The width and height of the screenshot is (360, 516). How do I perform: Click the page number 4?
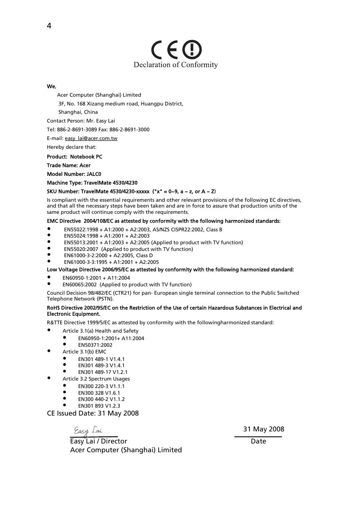click(x=49, y=26)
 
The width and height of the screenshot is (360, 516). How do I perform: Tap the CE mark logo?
click(x=166, y=50)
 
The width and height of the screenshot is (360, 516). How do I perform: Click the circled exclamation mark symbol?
click(x=192, y=50)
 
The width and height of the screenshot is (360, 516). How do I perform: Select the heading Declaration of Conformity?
click(x=176, y=65)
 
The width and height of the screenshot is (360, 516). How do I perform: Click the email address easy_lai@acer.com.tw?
click(x=91, y=138)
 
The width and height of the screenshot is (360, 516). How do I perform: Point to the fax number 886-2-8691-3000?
click(x=131, y=130)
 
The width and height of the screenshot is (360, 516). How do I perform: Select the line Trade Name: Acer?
click(x=69, y=165)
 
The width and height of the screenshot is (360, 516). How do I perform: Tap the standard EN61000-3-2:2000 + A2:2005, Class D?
click(x=108, y=255)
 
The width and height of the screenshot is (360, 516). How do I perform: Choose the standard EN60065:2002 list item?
click(x=127, y=285)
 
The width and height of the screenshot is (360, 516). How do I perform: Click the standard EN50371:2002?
click(x=95, y=345)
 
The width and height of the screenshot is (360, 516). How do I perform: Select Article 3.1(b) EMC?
click(x=84, y=352)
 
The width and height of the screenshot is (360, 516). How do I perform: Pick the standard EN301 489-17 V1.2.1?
click(x=103, y=372)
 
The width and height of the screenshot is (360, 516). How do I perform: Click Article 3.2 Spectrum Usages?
click(x=96, y=379)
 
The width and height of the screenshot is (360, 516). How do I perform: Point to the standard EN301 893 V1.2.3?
click(x=99, y=406)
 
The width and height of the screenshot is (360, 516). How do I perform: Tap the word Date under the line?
click(x=258, y=441)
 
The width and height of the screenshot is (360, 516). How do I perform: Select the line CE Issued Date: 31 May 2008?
click(x=93, y=413)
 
